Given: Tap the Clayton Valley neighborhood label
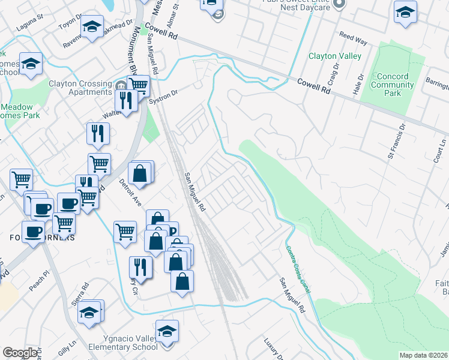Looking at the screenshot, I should click(x=334, y=56).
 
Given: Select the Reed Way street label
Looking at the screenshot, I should click(x=353, y=39).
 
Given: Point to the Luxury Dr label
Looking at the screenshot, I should click(x=273, y=348).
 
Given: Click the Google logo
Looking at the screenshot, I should click(x=20, y=353).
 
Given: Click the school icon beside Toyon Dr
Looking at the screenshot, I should click(x=92, y=27).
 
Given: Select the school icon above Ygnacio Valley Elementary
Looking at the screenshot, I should click(x=167, y=331).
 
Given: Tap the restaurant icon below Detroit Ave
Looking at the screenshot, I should click(x=140, y=268).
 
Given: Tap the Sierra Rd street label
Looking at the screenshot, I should click(x=80, y=293).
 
